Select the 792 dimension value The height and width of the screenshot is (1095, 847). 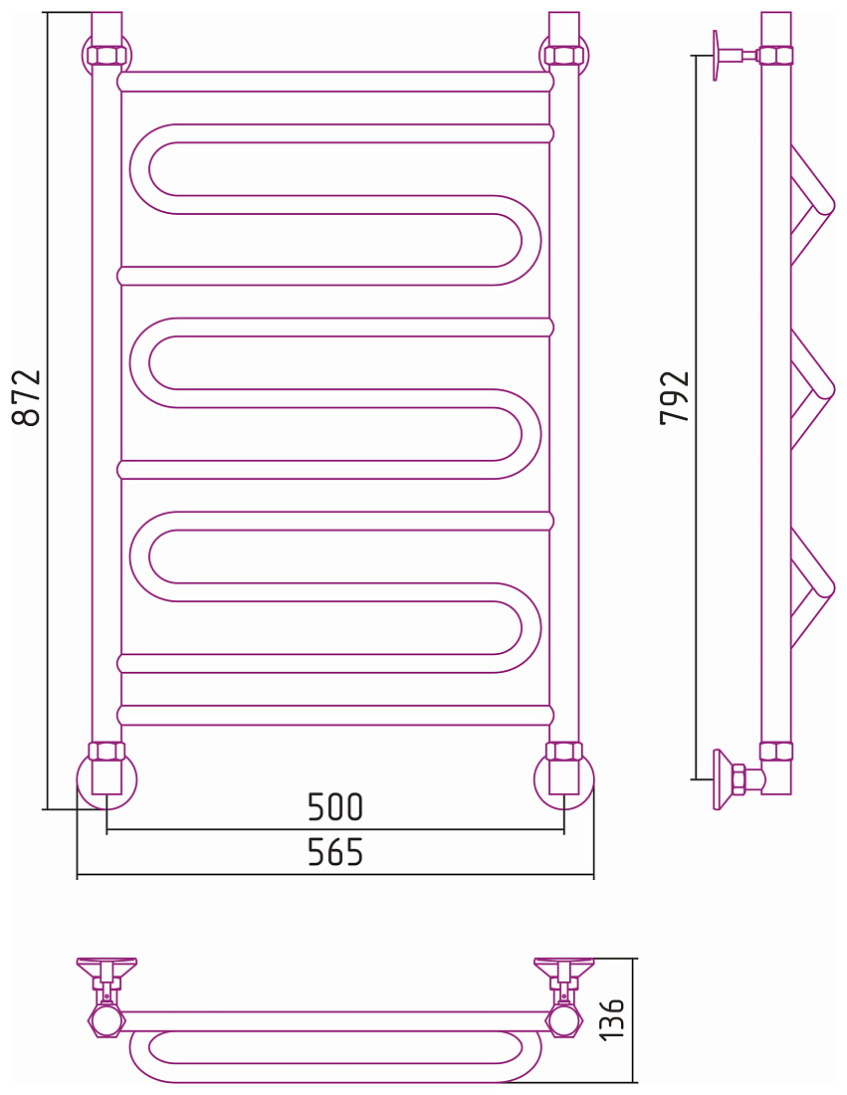[x=675, y=397]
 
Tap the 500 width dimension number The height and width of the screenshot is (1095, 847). [x=335, y=806]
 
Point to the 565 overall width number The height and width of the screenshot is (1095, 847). [x=335, y=852]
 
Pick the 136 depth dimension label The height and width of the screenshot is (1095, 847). [x=612, y=1018]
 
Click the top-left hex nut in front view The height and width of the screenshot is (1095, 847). [x=106, y=55]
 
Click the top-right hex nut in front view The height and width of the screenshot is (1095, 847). [x=563, y=55]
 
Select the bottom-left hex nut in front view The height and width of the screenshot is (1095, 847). [x=106, y=752]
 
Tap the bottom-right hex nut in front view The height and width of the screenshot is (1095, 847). [x=563, y=752]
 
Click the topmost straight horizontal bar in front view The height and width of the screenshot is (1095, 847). [x=335, y=82]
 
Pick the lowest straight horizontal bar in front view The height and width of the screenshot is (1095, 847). [x=335, y=715]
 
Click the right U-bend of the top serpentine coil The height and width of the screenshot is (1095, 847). [x=529, y=240]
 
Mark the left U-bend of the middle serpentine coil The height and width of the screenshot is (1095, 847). [x=140, y=363]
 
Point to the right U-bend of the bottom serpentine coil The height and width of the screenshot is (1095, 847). [x=529, y=627]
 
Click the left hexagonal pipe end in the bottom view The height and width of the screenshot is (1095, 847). [x=106, y=1021]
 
